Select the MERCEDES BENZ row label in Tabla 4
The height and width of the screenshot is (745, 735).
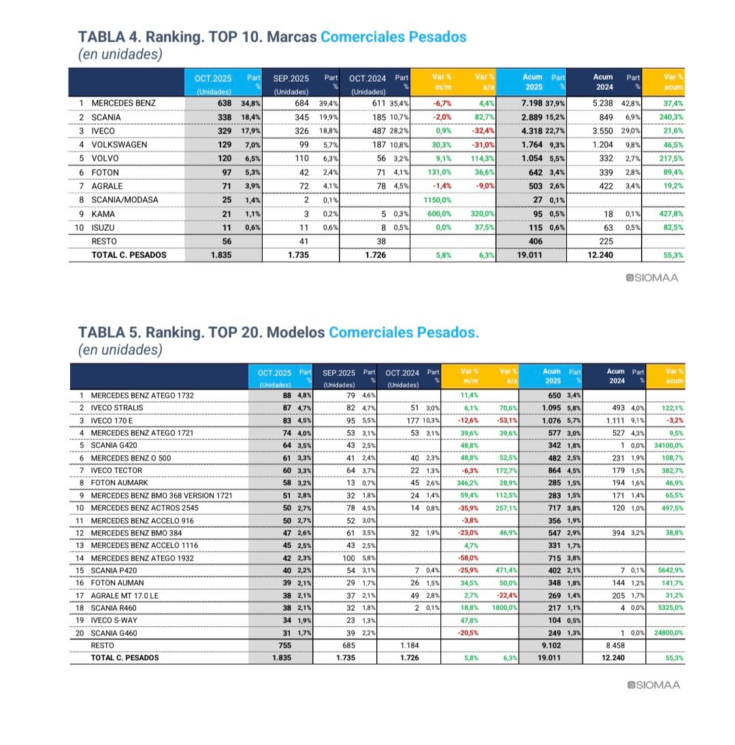point(123,104)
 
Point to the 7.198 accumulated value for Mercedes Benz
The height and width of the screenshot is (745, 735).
point(531,104)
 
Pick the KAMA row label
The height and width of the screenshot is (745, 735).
point(104,214)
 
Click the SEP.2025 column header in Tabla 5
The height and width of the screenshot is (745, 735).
point(339,373)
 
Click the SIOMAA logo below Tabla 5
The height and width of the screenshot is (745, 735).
point(653,685)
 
